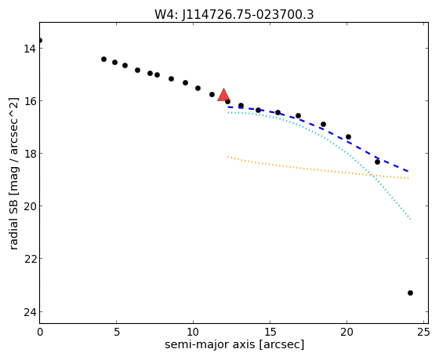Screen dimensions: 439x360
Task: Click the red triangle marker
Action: (x=223, y=95)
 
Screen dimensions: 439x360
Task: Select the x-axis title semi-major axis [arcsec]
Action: (x=234, y=344)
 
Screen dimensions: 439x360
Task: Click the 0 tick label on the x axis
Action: (x=40, y=332)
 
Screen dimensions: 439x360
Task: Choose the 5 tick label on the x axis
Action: (x=117, y=332)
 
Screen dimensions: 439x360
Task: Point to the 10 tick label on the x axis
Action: (x=193, y=332)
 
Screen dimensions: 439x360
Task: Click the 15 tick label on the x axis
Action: (x=270, y=332)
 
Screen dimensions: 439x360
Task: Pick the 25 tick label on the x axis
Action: (x=423, y=332)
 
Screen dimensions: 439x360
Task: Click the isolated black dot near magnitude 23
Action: (x=410, y=293)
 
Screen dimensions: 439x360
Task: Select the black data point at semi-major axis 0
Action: (x=40, y=41)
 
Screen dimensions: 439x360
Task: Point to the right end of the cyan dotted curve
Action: (x=410, y=219)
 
